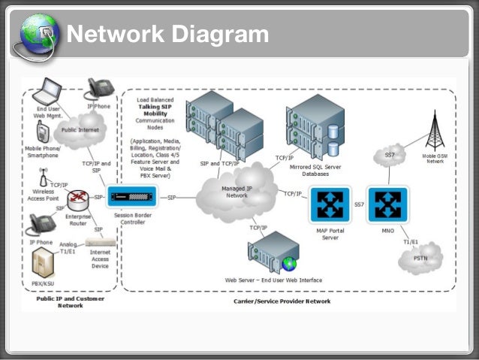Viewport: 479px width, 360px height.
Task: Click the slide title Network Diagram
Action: point(167,34)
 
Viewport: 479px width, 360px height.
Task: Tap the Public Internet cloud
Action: point(78,129)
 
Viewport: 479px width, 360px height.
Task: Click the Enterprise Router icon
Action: point(77,199)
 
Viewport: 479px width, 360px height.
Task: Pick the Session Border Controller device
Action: point(134,198)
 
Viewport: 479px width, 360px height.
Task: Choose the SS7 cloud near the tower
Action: point(390,156)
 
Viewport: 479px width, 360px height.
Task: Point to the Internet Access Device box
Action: point(100,243)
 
